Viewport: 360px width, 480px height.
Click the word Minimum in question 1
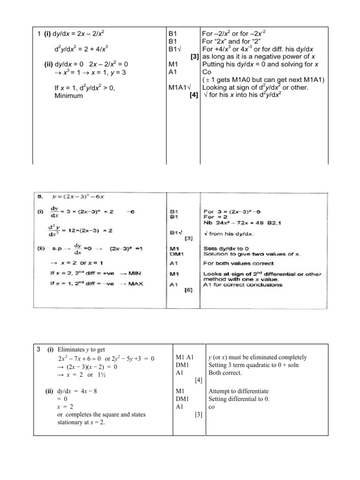(x=69, y=96)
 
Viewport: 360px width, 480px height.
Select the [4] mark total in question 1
(x=193, y=96)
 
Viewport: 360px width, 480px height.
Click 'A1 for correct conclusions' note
(x=243, y=284)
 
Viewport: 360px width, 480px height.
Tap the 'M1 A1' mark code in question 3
(x=181, y=357)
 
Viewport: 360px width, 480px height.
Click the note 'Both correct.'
(x=225, y=373)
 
